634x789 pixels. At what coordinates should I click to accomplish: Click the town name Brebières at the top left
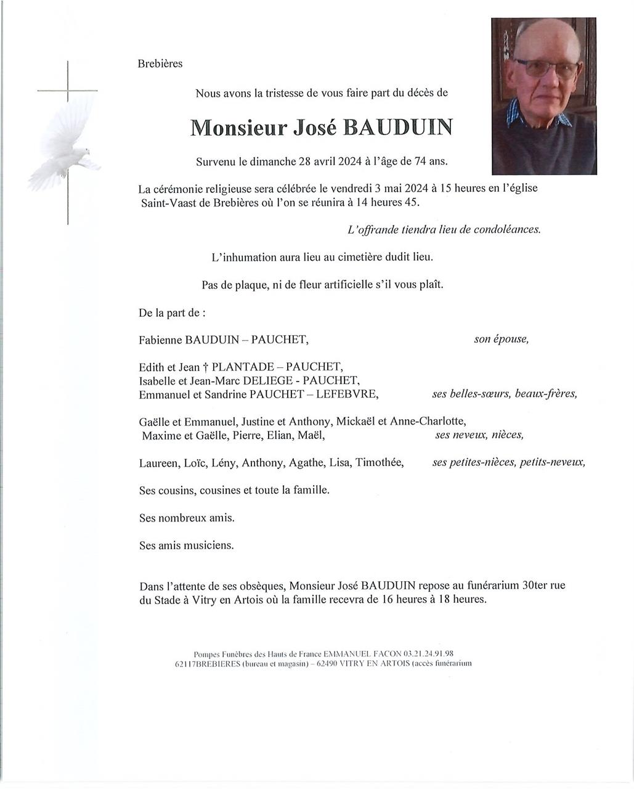tap(160, 63)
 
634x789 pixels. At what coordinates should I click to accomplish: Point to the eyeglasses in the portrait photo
tap(546, 68)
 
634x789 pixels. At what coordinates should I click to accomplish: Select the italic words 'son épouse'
tap(501, 339)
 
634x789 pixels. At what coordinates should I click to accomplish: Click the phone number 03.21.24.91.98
tap(429, 653)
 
